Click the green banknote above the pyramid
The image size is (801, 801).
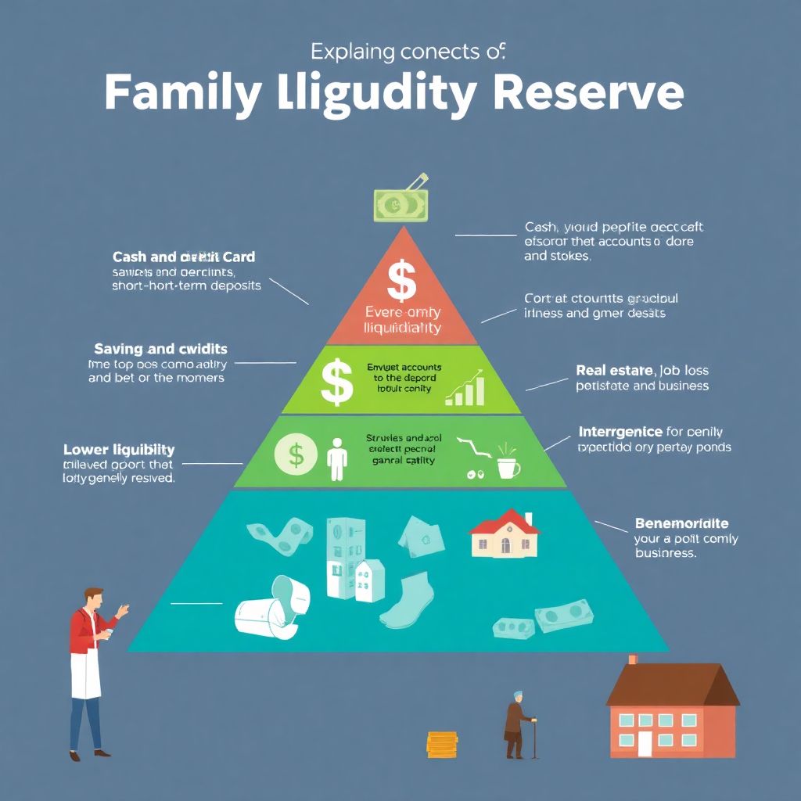(399, 204)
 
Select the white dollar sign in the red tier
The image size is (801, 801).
(401, 282)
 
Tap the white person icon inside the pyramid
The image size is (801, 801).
(337, 458)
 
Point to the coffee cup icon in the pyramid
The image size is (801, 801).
(508, 467)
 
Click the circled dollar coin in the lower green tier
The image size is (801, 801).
(296, 454)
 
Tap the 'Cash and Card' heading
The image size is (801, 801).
(184, 257)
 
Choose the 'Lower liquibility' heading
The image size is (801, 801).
(118, 450)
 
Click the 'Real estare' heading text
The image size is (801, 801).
(614, 370)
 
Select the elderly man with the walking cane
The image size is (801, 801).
(517, 724)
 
